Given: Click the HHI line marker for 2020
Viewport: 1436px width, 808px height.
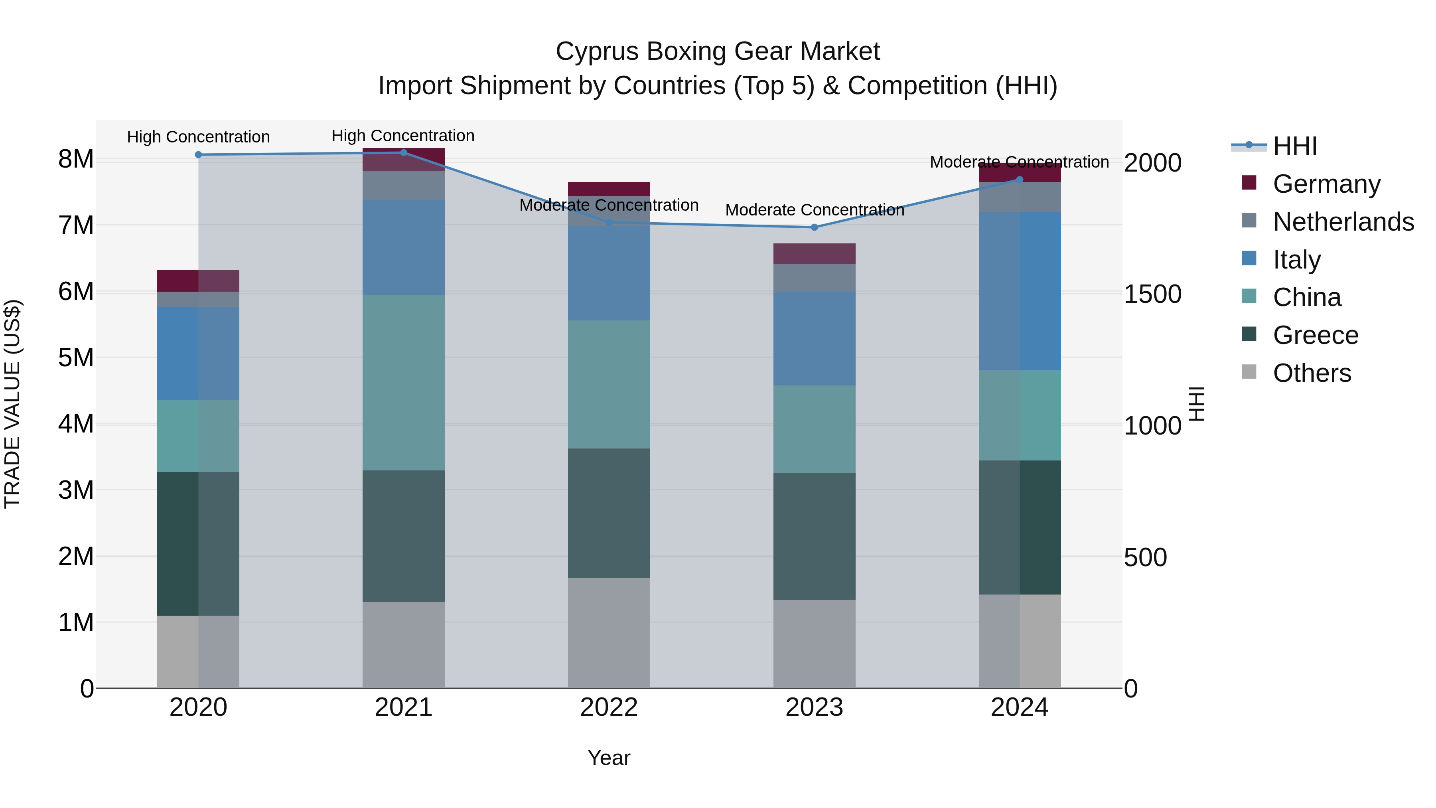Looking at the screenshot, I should pos(199,154).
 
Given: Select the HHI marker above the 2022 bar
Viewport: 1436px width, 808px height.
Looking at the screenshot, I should pos(609,223).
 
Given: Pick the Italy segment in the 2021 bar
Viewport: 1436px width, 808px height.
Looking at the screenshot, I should pos(404,247).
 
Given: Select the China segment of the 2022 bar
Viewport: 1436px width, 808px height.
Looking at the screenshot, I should pos(609,384).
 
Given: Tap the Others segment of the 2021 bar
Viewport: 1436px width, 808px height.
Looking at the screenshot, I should pos(404,645).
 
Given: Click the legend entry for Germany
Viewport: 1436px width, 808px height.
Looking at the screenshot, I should pos(1327,184).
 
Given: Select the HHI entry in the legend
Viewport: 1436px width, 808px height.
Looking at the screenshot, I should pos(1295,146).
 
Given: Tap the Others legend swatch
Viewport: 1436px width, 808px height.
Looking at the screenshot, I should pos(1249,372).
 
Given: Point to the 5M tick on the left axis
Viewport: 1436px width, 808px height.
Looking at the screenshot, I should pos(76,358).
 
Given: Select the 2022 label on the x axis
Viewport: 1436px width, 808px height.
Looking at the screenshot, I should pos(609,707).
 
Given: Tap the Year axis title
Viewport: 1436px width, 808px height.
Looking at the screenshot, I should pos(609,758).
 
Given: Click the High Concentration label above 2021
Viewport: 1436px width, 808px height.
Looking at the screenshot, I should pos(403,136).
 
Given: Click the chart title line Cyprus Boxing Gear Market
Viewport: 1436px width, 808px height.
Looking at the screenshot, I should pos(718,51).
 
